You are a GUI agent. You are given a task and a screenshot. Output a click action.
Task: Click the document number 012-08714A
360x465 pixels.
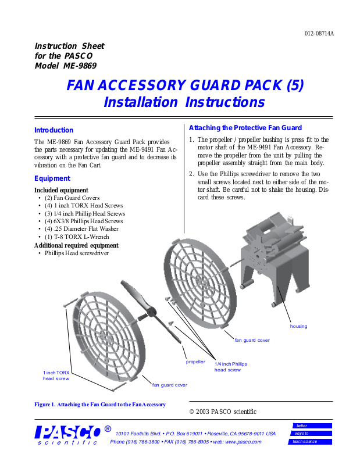[x=319, y=34]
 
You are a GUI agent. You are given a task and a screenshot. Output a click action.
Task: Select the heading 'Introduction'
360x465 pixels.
[x=54, y=130]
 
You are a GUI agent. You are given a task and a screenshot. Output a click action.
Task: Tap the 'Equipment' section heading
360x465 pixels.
[x=52, y=178]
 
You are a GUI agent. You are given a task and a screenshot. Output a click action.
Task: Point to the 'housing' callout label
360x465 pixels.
[x=298, y=327]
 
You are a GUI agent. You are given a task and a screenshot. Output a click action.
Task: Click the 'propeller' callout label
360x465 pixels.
[x=195, y=362]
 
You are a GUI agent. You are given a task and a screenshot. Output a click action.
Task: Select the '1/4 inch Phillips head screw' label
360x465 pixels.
[x=231, y=367]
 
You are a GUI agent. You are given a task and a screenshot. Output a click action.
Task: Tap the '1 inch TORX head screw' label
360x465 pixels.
[x=56, y=375]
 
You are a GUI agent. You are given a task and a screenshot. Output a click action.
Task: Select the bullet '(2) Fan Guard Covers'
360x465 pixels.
[x=72, y=198]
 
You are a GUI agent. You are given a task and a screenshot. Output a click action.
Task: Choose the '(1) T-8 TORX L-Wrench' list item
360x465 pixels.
[x=76, y=237]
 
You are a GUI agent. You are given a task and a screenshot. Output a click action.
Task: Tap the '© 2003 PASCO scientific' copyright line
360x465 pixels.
[x=223, y=412]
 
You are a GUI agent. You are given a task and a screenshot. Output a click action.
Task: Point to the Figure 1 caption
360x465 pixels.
[x=100, y=405]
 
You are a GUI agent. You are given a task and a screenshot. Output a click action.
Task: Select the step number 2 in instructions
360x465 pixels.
[x=191, y=173]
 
